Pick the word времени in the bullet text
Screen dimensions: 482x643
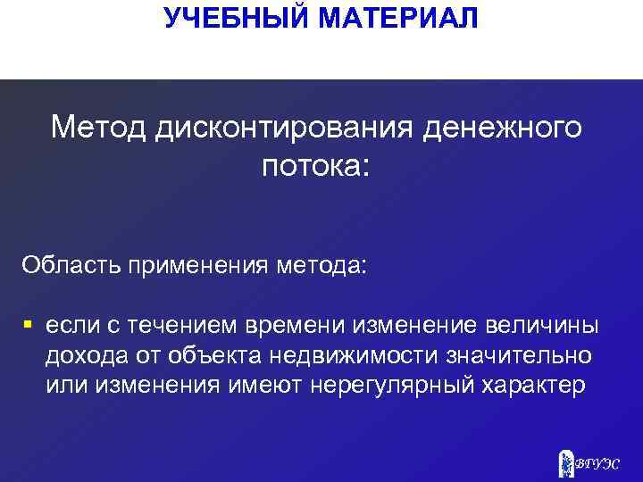pyautogui.click(x=295, y=327)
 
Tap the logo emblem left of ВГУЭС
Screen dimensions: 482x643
pyautogui.click(x=564, y=461)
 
